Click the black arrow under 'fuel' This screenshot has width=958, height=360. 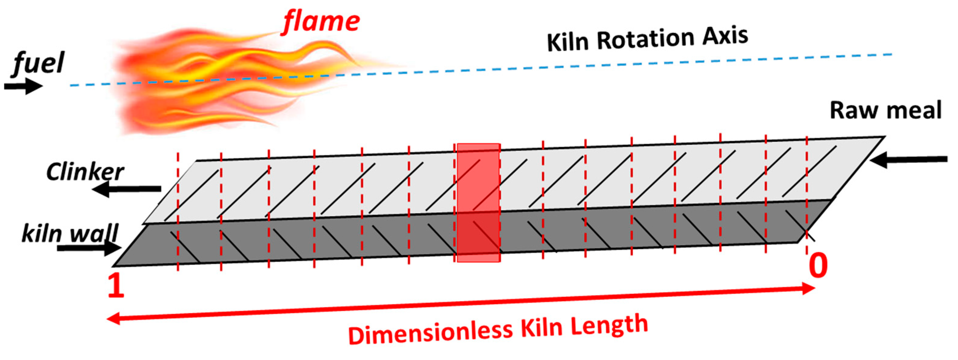[x=23, y=87]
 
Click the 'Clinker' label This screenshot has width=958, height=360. [x=85, y=172]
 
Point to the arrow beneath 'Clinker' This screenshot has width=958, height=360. [x=126, y=189]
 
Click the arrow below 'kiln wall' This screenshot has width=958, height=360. [x=89, y=248]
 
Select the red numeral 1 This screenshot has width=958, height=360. [x=116, y=286]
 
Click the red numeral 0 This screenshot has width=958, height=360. [x=818, y=266]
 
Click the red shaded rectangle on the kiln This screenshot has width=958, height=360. [x=478, y=203]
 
